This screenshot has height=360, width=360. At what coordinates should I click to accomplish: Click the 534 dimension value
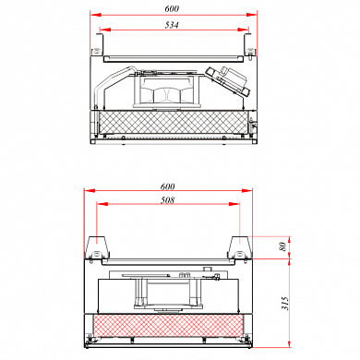[x=172, y=25]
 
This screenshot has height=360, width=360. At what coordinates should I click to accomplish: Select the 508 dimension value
[x=167, y=200]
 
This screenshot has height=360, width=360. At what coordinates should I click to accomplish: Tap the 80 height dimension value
[x=283, y=246]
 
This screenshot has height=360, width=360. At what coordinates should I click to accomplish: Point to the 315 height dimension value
[x=284, y=304]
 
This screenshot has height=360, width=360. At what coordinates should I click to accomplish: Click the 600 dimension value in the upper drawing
[x=172, y=8]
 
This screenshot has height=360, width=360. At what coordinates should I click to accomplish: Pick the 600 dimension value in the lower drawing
[x=168, y=186]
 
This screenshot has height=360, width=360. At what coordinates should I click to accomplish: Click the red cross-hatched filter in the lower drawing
[x=168, y=326]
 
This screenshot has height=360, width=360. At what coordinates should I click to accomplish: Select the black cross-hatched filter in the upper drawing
[x=173, y=122]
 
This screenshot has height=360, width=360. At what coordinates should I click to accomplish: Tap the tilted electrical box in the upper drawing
[x=228, y=80]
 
